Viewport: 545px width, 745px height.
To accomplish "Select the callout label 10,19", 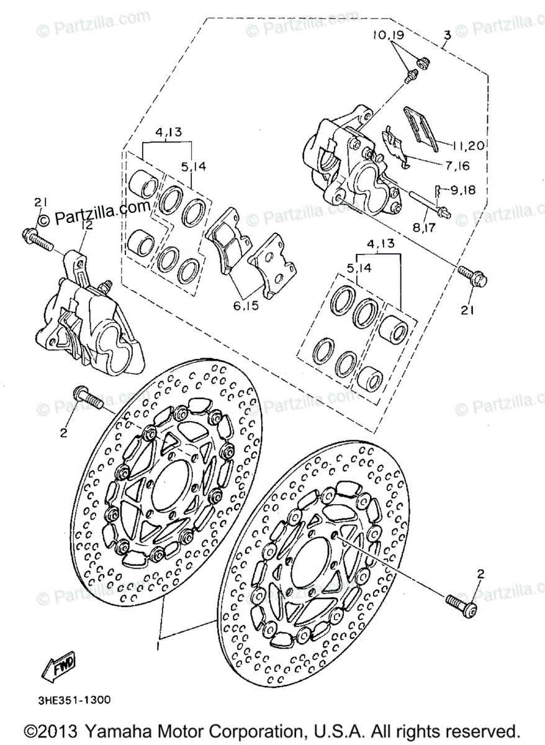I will [x=389, y=35].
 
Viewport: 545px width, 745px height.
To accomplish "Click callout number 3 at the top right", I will [x=446, y=35].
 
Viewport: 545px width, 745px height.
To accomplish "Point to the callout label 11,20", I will [x=468, y=146].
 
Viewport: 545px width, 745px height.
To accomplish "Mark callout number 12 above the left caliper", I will [x=86, y=226].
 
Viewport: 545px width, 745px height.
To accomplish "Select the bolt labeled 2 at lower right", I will [x=460, y=601].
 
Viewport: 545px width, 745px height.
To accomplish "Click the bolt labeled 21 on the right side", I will [x=472, y=277].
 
